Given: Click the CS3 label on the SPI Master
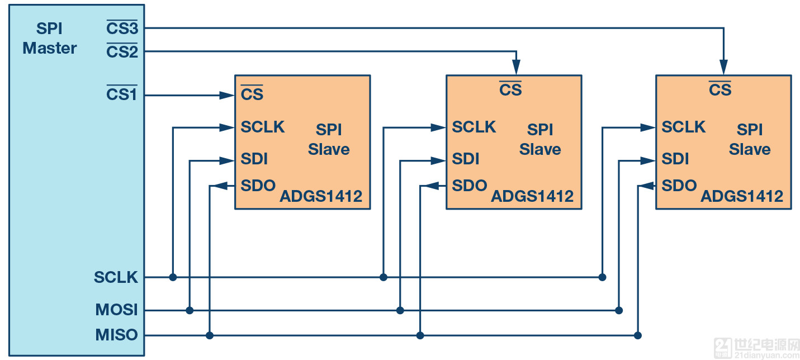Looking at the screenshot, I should tap(122, 28).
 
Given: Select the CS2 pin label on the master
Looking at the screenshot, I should tap(122, 52).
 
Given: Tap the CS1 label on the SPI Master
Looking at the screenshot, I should tap(122, 94).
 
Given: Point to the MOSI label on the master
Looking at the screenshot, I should tap(116, 310).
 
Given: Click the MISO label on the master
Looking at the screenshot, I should tap(116, 335).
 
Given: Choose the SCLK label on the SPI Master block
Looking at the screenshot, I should tap(116, 277).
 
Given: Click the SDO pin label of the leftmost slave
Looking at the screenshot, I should tap(258, 186).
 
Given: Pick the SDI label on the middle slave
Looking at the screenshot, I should tap(466, 159).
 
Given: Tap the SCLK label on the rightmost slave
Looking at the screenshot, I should tap(684, 127).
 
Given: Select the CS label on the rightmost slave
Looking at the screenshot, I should tap(720, 89).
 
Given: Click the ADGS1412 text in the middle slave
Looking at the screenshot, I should tap(532, 197).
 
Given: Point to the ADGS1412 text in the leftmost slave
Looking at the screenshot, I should tap(321, 197).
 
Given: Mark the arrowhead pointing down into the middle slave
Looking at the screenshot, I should tap(517, 68).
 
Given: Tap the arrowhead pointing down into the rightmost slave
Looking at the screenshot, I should tap(724, 68).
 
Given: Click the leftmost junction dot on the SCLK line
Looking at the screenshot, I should tap(173, 277).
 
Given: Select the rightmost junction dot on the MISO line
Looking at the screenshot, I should tap(637, 335).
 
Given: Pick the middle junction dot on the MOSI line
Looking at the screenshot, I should tap(400, 310).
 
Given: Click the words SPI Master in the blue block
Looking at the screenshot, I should tap(49, 39).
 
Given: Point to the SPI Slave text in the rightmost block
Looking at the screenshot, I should tap(750, 140).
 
